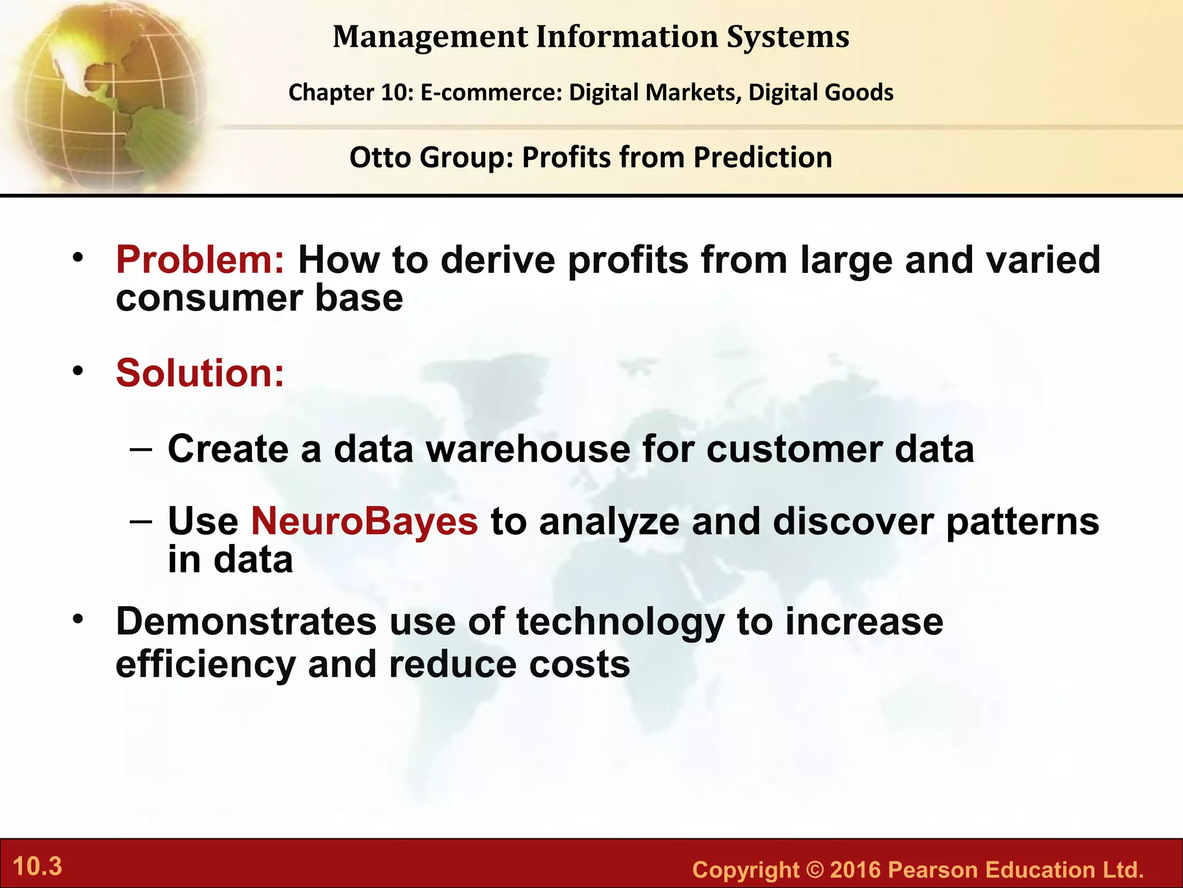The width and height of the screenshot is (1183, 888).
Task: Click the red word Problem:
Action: click(x=200, y=260)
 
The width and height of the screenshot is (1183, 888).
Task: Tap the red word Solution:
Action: click(x=200, y=373)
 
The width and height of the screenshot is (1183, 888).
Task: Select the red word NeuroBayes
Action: click(x=364, y=521)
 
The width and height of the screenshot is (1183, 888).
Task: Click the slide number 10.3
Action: click(x=38, y=867)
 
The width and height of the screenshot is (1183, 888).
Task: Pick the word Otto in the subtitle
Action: click(x=381, y=157)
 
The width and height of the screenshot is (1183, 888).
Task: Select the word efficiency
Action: click(x=206, y=665)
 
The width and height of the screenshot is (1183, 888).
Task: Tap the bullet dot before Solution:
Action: click(x=78, y=371)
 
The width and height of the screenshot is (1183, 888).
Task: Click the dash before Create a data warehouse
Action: click(x=142, y=449)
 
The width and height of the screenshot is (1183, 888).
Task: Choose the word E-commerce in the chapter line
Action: click(x=491, y=92)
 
